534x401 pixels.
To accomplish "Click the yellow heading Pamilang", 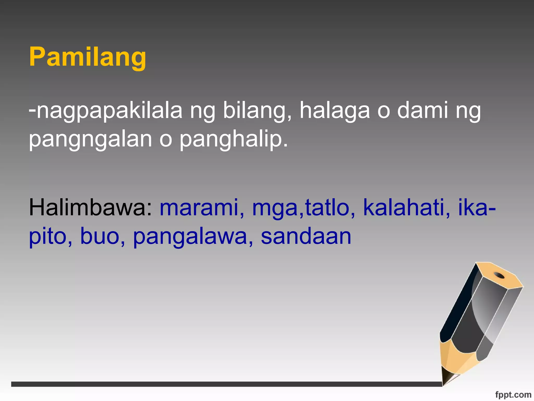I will tap(88, 57).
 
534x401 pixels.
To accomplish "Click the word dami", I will tap(422, 110).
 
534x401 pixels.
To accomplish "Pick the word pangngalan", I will tap(90, 140).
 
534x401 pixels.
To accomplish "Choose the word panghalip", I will tap(234, 140).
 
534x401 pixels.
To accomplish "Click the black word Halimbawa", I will tap(90, 208).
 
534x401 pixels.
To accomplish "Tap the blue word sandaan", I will tap(306, 236).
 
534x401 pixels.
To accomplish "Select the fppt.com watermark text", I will tap(513, 394).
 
